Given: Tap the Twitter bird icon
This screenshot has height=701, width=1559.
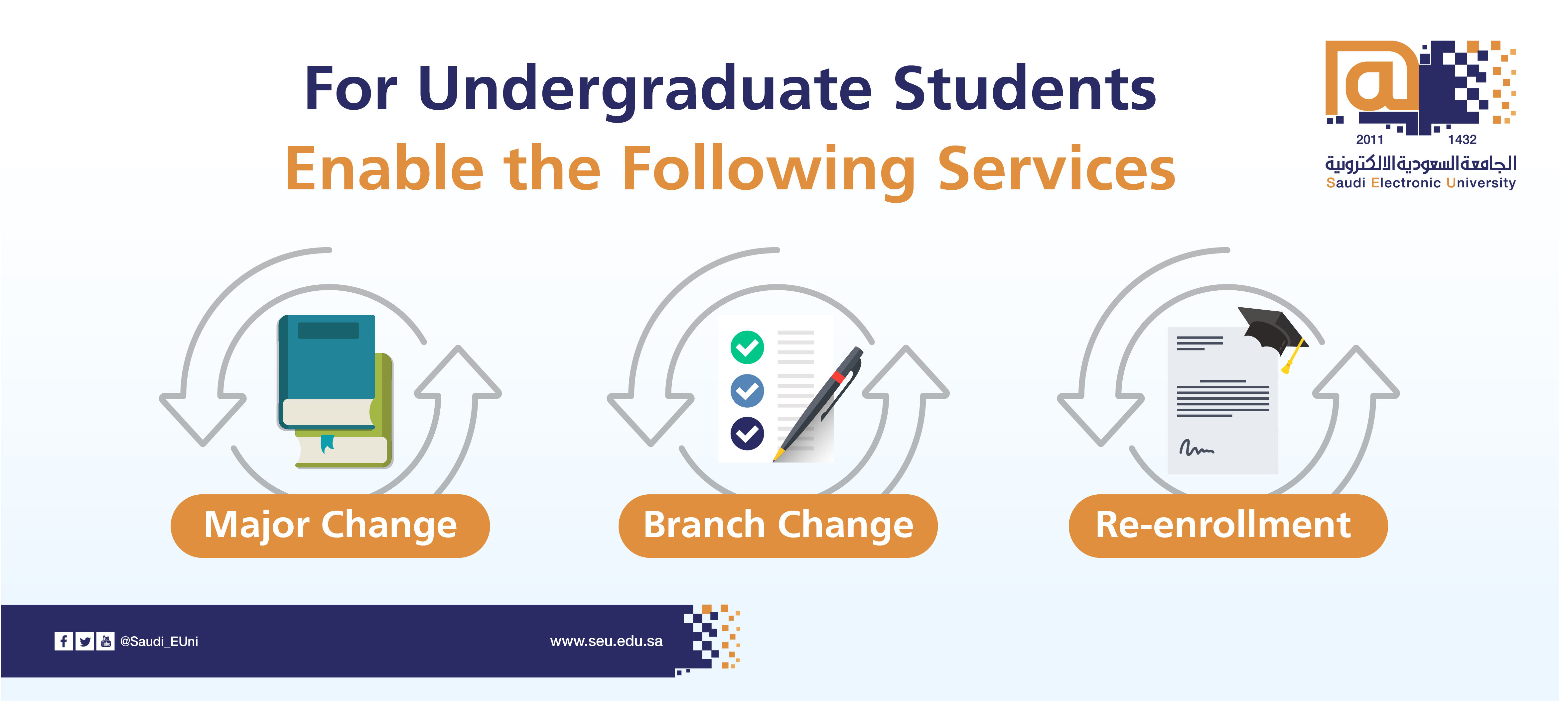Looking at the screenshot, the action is (x=85, y=641).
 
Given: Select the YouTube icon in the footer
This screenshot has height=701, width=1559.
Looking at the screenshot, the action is (x=105, y=641).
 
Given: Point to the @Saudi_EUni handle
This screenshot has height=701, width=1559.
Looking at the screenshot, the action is (x=159, y=641).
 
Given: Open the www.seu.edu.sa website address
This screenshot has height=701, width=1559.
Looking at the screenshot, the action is (x=607, y=641).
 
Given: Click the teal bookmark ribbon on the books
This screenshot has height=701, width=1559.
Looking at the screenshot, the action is (x=328, y=443).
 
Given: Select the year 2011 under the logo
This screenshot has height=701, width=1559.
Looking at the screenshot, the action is (x=1369, y=140).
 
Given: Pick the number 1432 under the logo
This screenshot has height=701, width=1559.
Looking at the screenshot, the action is (x=1462, y=140).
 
